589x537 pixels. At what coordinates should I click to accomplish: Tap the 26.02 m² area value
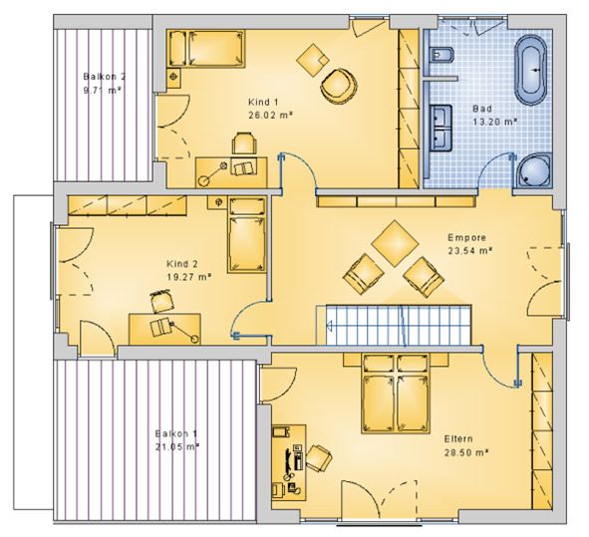(270, 116)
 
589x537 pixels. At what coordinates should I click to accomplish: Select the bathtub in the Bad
(531, 70)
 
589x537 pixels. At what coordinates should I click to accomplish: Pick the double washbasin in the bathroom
(442, 129)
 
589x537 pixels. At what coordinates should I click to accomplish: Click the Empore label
(466, 238)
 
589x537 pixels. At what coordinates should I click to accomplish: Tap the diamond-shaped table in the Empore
(395, 244)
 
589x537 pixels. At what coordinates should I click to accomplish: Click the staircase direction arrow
(330, 325)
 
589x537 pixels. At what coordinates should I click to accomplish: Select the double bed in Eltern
(396, 394)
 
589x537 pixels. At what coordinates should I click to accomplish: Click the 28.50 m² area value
(466, 452)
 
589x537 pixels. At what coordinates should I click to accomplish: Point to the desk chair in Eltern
(319, 457)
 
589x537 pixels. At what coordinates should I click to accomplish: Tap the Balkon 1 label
(176, 433)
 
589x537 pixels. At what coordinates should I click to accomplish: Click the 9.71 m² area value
(103, 91)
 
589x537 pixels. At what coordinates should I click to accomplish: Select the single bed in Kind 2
(247, 235)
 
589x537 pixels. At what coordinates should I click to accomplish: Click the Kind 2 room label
(182, 264)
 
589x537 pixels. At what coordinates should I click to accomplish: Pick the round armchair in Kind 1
(338, 86)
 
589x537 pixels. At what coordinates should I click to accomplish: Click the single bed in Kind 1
(206, 49)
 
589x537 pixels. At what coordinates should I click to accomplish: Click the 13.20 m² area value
(495, 122)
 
